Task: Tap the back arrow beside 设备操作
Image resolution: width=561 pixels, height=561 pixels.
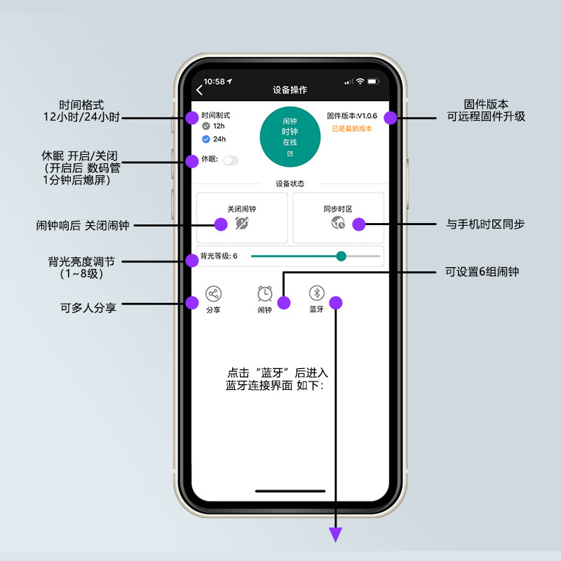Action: [x=199, y=90]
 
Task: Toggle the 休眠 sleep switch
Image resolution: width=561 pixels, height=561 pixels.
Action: [x=231, y=160]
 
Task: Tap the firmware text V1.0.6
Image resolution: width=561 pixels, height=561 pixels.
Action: [x=352, y=116]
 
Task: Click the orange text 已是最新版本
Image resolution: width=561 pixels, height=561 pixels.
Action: [x=352, y=129]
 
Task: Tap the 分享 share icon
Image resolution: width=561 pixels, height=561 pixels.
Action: [x=213, y=294]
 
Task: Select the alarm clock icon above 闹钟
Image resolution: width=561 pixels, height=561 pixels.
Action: [x=264, y=294]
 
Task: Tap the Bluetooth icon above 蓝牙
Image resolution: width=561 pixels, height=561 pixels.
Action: [x=317, y=293]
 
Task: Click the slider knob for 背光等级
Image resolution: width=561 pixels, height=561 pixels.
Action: [x=342, y=256]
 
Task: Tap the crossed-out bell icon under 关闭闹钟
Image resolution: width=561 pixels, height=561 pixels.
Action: [x=242, y=223]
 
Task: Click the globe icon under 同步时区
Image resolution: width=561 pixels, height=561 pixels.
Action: [x=338, y=223]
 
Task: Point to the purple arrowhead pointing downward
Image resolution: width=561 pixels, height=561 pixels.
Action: [x=336, y=536]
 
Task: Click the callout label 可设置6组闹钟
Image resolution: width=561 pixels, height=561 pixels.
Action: [x=482, y=271]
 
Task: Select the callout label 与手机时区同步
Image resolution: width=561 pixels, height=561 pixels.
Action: [x=485, y=224]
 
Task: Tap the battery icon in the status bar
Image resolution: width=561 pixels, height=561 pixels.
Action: [x=372, y=81]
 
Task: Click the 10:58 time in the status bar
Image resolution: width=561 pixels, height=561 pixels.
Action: [x=214, y=81]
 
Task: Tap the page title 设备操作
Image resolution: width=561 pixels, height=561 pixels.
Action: [x=290, y=90]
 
